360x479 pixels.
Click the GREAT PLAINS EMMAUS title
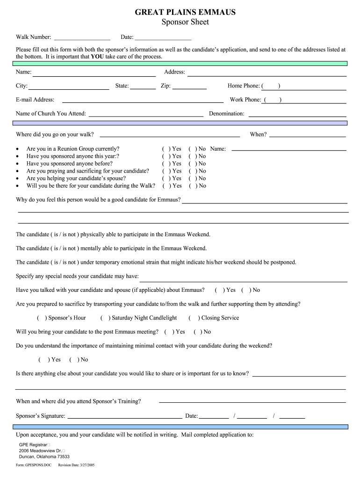[x=185, y=12]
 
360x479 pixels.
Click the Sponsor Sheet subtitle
[x=185, y=22]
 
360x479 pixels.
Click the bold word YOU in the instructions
[x=97, y=57]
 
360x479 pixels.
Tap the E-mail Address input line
[x=143, y=100]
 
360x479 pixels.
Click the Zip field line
[x=189, y=87]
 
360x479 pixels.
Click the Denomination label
[x=226, y=114]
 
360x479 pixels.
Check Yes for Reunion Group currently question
[x=166, y=149]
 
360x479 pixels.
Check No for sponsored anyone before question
[x=192, y=164]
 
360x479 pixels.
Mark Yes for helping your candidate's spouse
[x=166, y=178]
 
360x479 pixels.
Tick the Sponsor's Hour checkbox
[x=42, y=318]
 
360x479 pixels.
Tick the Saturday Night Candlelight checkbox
[x=105, y=318]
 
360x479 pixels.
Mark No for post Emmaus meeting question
[x=198, y=332]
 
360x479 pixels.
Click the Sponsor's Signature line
[x=125, y=416]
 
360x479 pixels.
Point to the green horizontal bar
[x=180, y=63]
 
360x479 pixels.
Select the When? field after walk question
[x=307, y=135]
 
